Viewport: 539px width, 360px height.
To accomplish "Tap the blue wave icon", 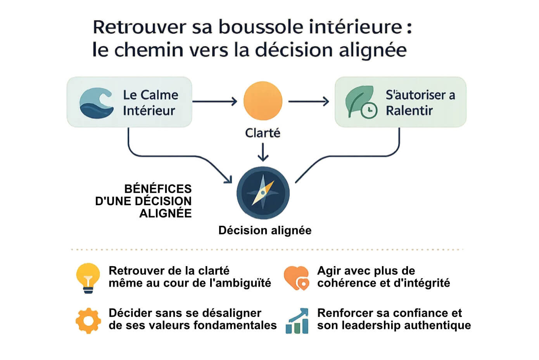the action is [x=97, y=103].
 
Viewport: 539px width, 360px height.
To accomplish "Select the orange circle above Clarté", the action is [x=263, y=100].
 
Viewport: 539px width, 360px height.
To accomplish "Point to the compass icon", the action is [x=263, y=193].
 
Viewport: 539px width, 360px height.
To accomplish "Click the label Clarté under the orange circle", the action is [x=263, y=133].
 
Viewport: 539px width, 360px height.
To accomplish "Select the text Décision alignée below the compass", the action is [x=265, y=230].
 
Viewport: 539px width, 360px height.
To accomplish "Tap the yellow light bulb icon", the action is [x=88, y=278].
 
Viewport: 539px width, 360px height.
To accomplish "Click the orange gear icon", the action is [x=88, y=321].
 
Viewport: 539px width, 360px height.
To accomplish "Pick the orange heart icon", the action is [x=296, y=278].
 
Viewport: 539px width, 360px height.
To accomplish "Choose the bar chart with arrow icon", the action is [x=297, y=321].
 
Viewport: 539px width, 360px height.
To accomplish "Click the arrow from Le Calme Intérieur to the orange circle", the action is [x=215, y=101].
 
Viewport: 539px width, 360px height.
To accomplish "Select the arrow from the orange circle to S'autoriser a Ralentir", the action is [x=309, y=101].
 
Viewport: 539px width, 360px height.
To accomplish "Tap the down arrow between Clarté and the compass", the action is [x=263, y=152].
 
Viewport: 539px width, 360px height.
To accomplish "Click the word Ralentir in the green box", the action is [x=409, y=111].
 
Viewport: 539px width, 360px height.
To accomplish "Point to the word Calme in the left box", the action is [x=159, y=95].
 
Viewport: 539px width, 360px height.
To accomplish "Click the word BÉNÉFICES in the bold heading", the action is [x=158, y=189].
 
